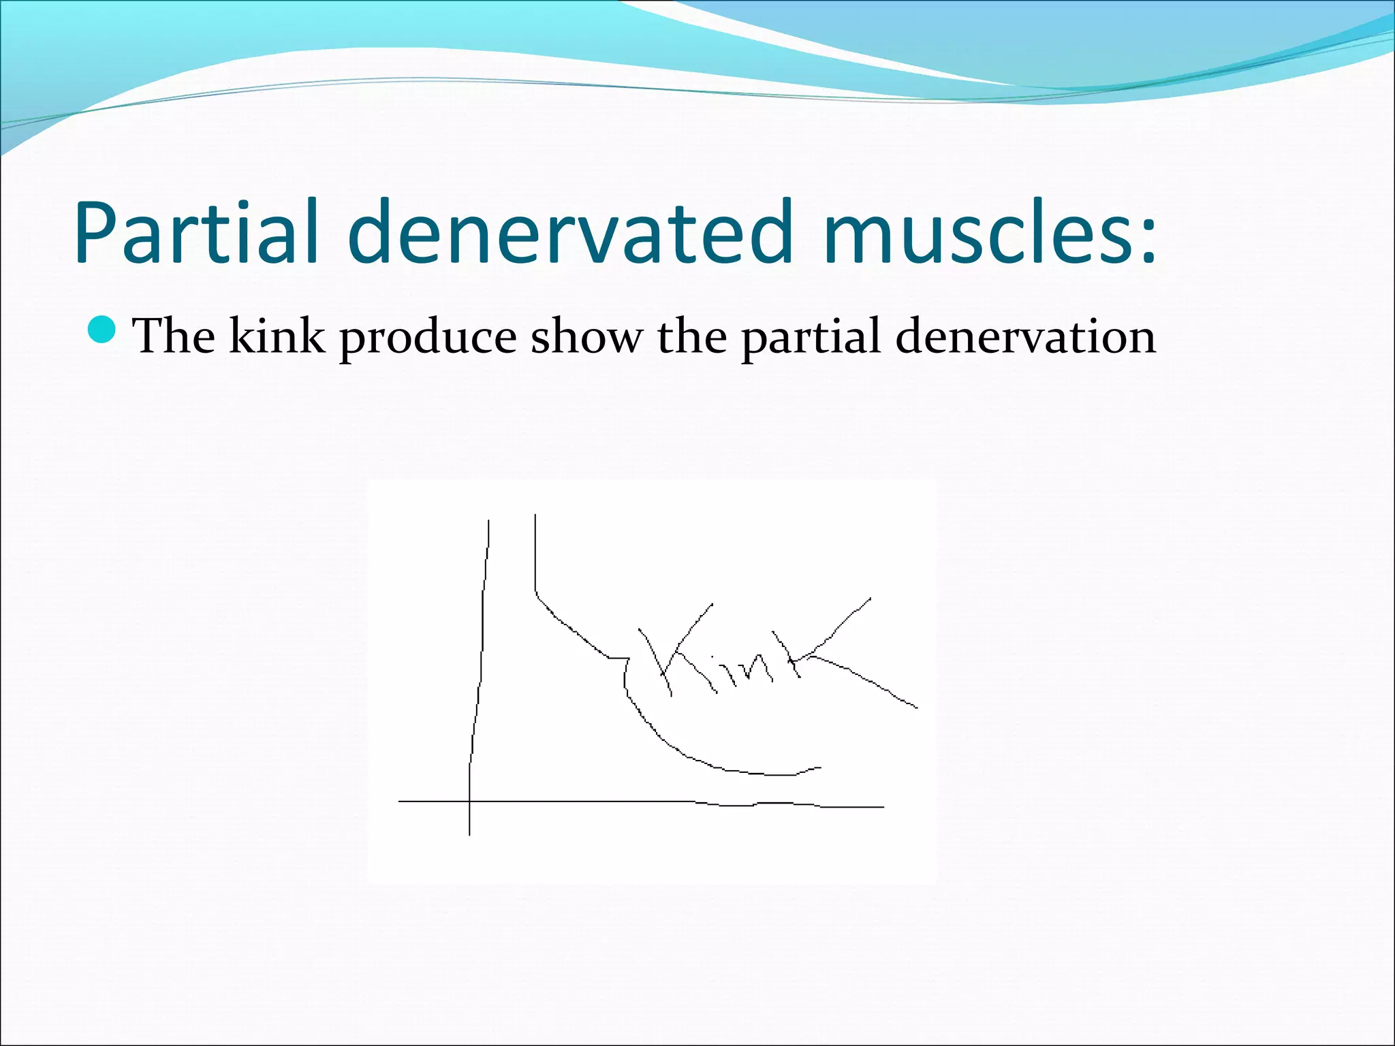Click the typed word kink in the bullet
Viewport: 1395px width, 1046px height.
[277, 336]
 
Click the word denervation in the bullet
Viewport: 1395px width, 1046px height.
[1026, 336]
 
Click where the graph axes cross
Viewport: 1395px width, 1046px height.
[469, 802]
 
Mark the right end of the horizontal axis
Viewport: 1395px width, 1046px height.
[883, 807]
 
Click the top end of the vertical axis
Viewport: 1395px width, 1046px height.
[488, 521]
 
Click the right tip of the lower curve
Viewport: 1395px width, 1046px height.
[820, 767]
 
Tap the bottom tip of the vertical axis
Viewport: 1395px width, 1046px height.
[469, 834]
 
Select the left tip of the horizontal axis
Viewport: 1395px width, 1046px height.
[399, 802]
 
